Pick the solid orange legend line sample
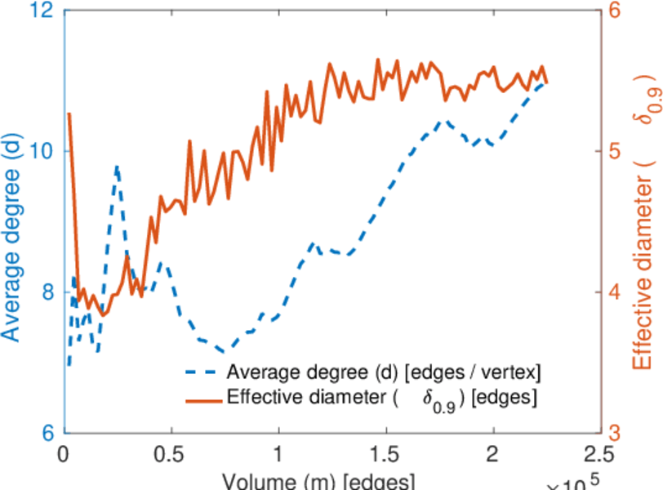click(x=201, y=400)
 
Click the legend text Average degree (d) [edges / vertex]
click(x=384, y=372)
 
